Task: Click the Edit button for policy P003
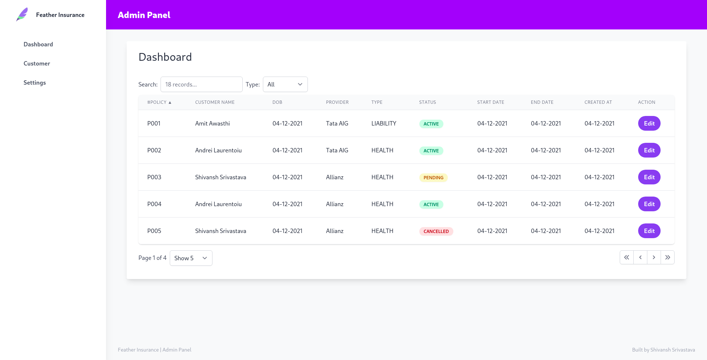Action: [649, 177]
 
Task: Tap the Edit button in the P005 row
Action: [649, 231]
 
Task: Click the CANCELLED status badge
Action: [436, 231]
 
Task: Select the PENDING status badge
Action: [433, 177]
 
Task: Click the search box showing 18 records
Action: [201, 84]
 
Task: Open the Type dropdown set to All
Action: [285, 84]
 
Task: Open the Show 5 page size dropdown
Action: [191, 258]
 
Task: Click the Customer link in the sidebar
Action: [37, 63]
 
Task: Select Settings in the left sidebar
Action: [35, 82]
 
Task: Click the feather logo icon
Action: [22, 15]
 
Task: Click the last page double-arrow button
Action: [667, 257]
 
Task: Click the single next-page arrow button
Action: [654, 257]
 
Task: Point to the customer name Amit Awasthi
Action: [212, 123]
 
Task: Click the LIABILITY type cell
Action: [384, 123]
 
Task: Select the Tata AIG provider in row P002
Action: [337, 150]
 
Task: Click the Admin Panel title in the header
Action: [144, 15]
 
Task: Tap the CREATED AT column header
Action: [598, 102]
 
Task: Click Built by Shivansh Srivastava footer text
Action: [663, 350]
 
